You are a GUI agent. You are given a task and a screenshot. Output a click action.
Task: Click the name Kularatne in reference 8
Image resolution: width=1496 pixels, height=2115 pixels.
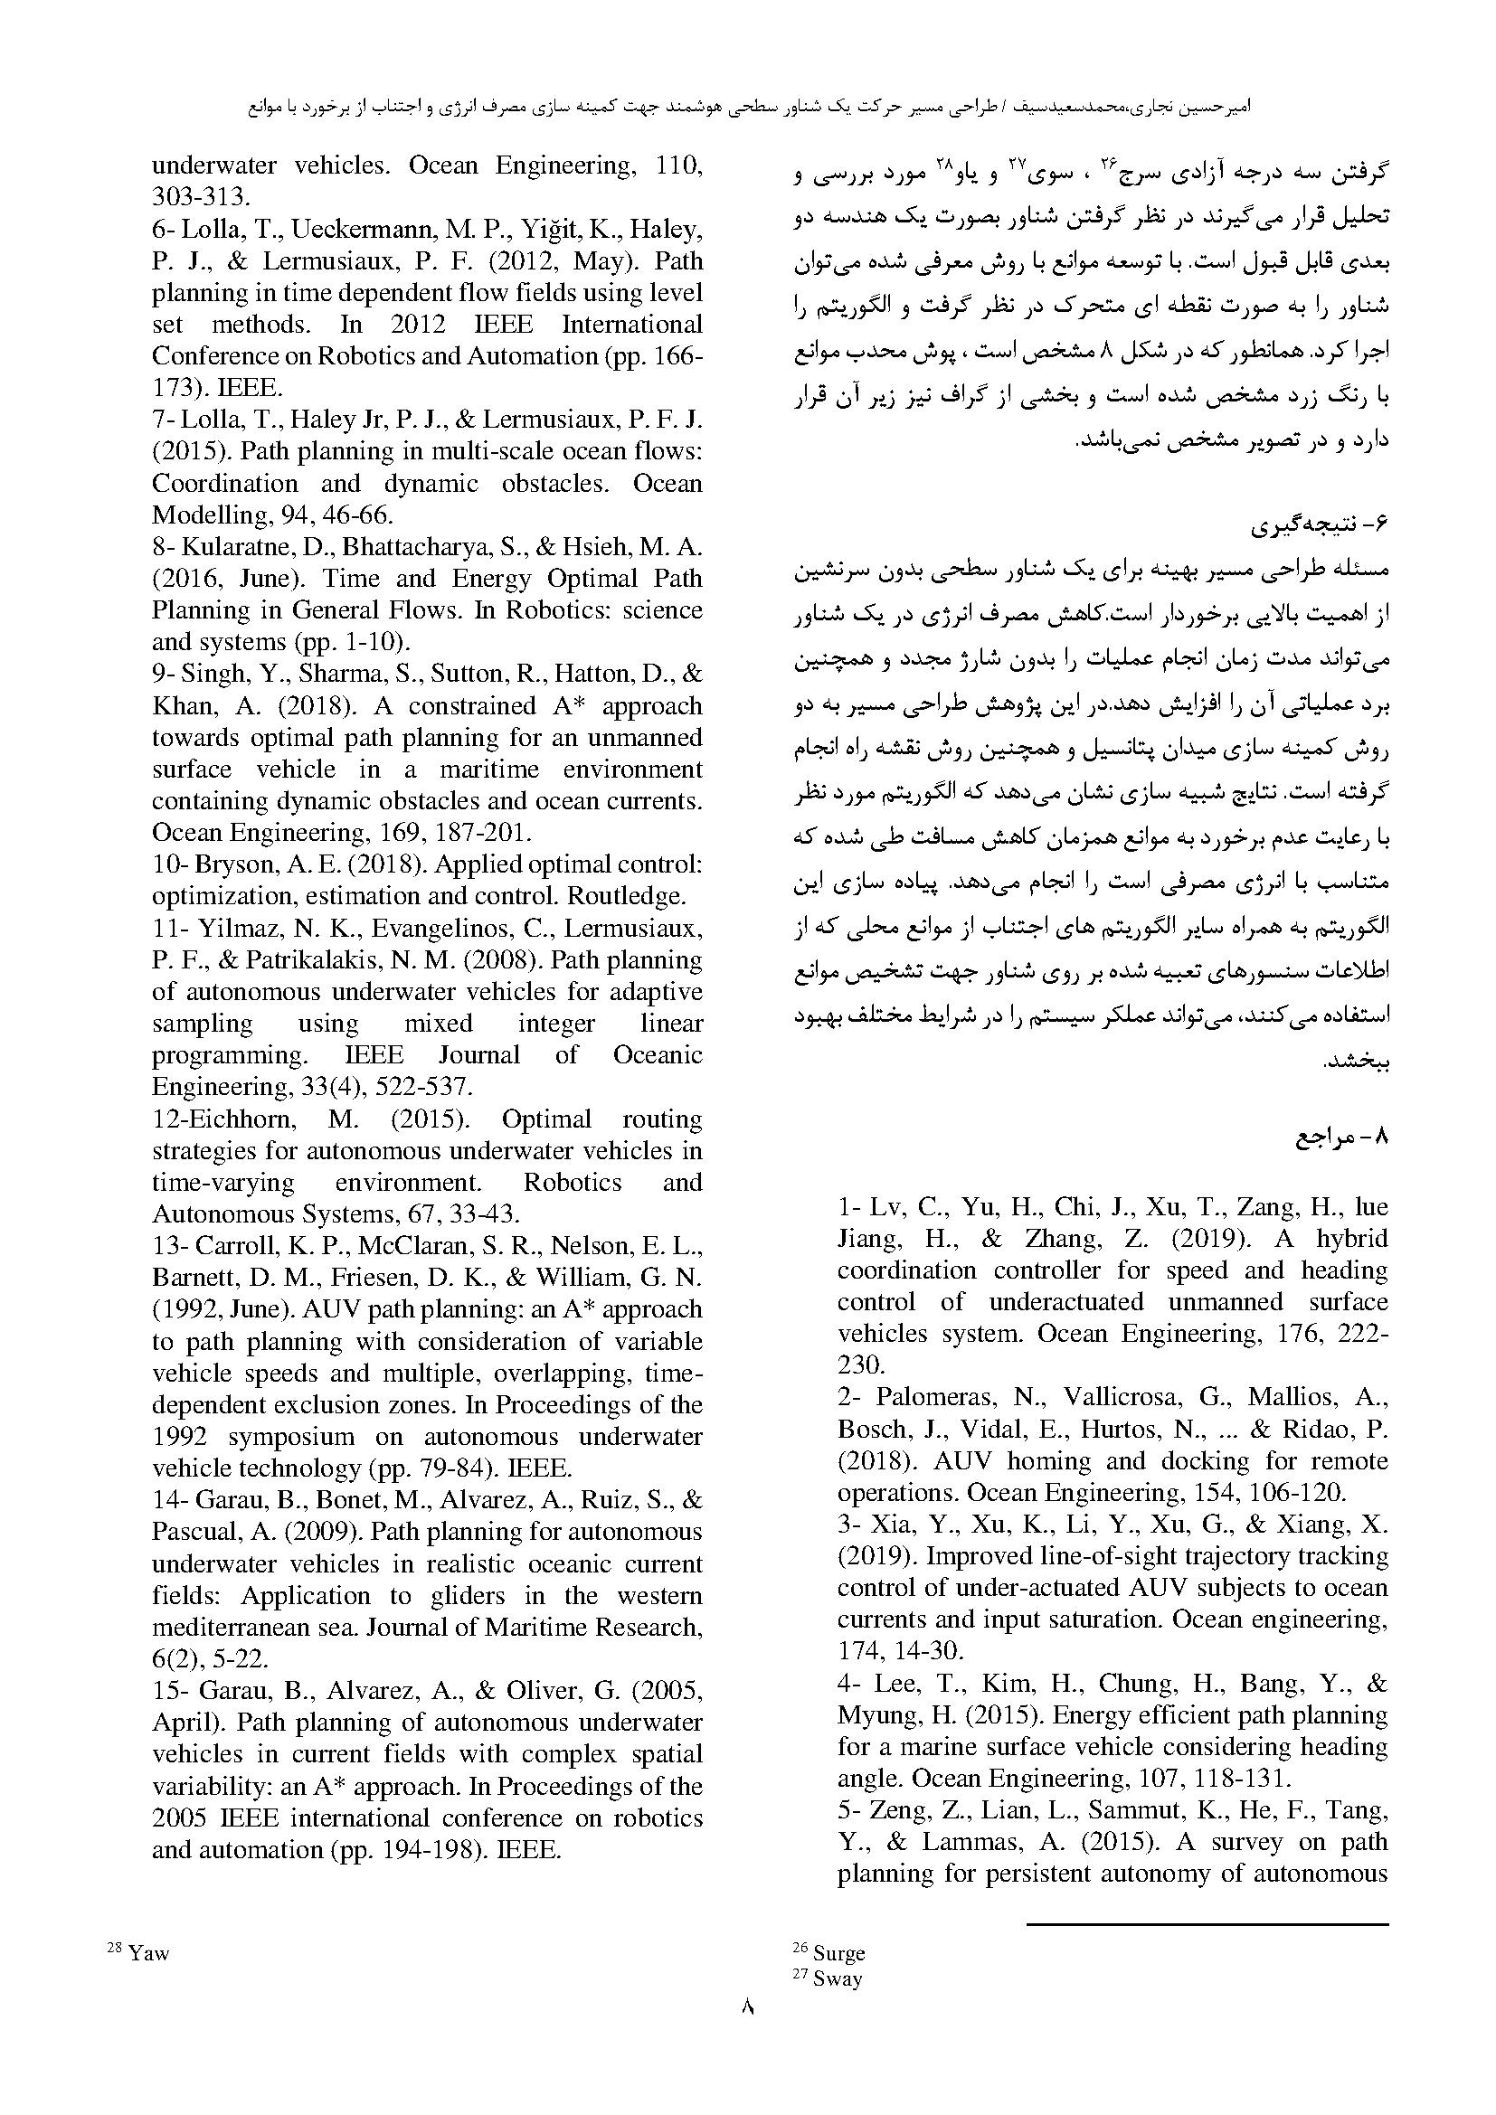tap(232, 547)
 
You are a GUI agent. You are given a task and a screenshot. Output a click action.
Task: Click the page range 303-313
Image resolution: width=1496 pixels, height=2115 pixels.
tap(200, 197)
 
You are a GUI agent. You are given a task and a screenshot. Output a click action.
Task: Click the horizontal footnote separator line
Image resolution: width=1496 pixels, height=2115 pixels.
tap(1207, 1924)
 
